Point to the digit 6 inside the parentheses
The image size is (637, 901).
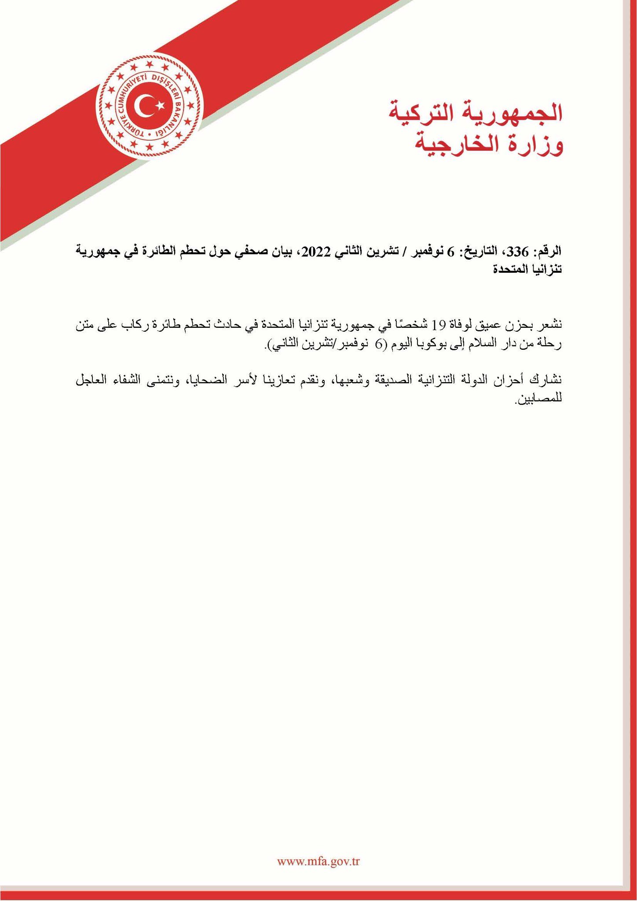tap(379, 344)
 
